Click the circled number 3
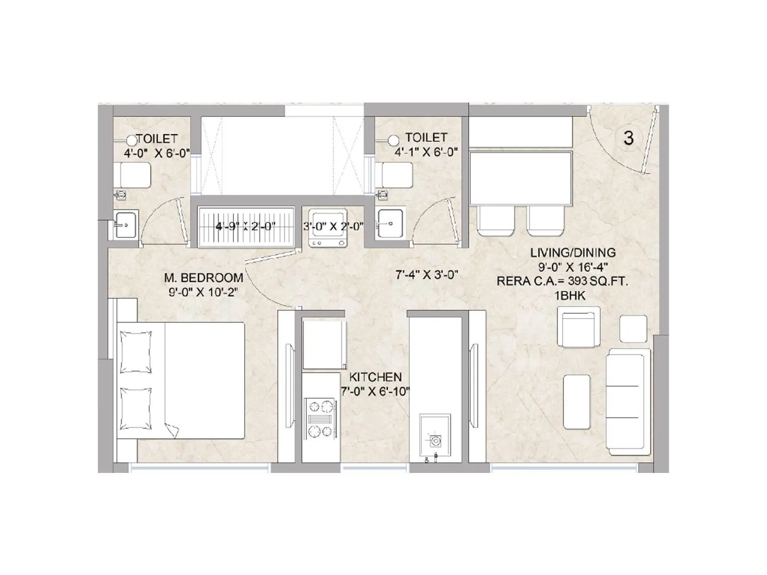[x=628, y=138]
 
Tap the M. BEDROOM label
[x=204, y=278]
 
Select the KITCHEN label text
[x=375, y=377]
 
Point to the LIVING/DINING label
[x=573, y=253]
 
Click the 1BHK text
[x=569, y=296]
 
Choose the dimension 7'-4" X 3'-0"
[x=427, y=275]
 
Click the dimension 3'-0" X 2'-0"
[x=333, y=227]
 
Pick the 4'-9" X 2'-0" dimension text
[x=245, y=227]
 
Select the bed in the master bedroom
[x=180, y=380]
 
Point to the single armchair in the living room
[x=579, y=327]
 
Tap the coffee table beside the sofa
[x=577, y=402]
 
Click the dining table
[x=521, y=178]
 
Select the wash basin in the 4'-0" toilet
[x=126, y=225]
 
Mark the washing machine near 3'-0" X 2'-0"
[x=327, y=228]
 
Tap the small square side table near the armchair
[x=633, y=329]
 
